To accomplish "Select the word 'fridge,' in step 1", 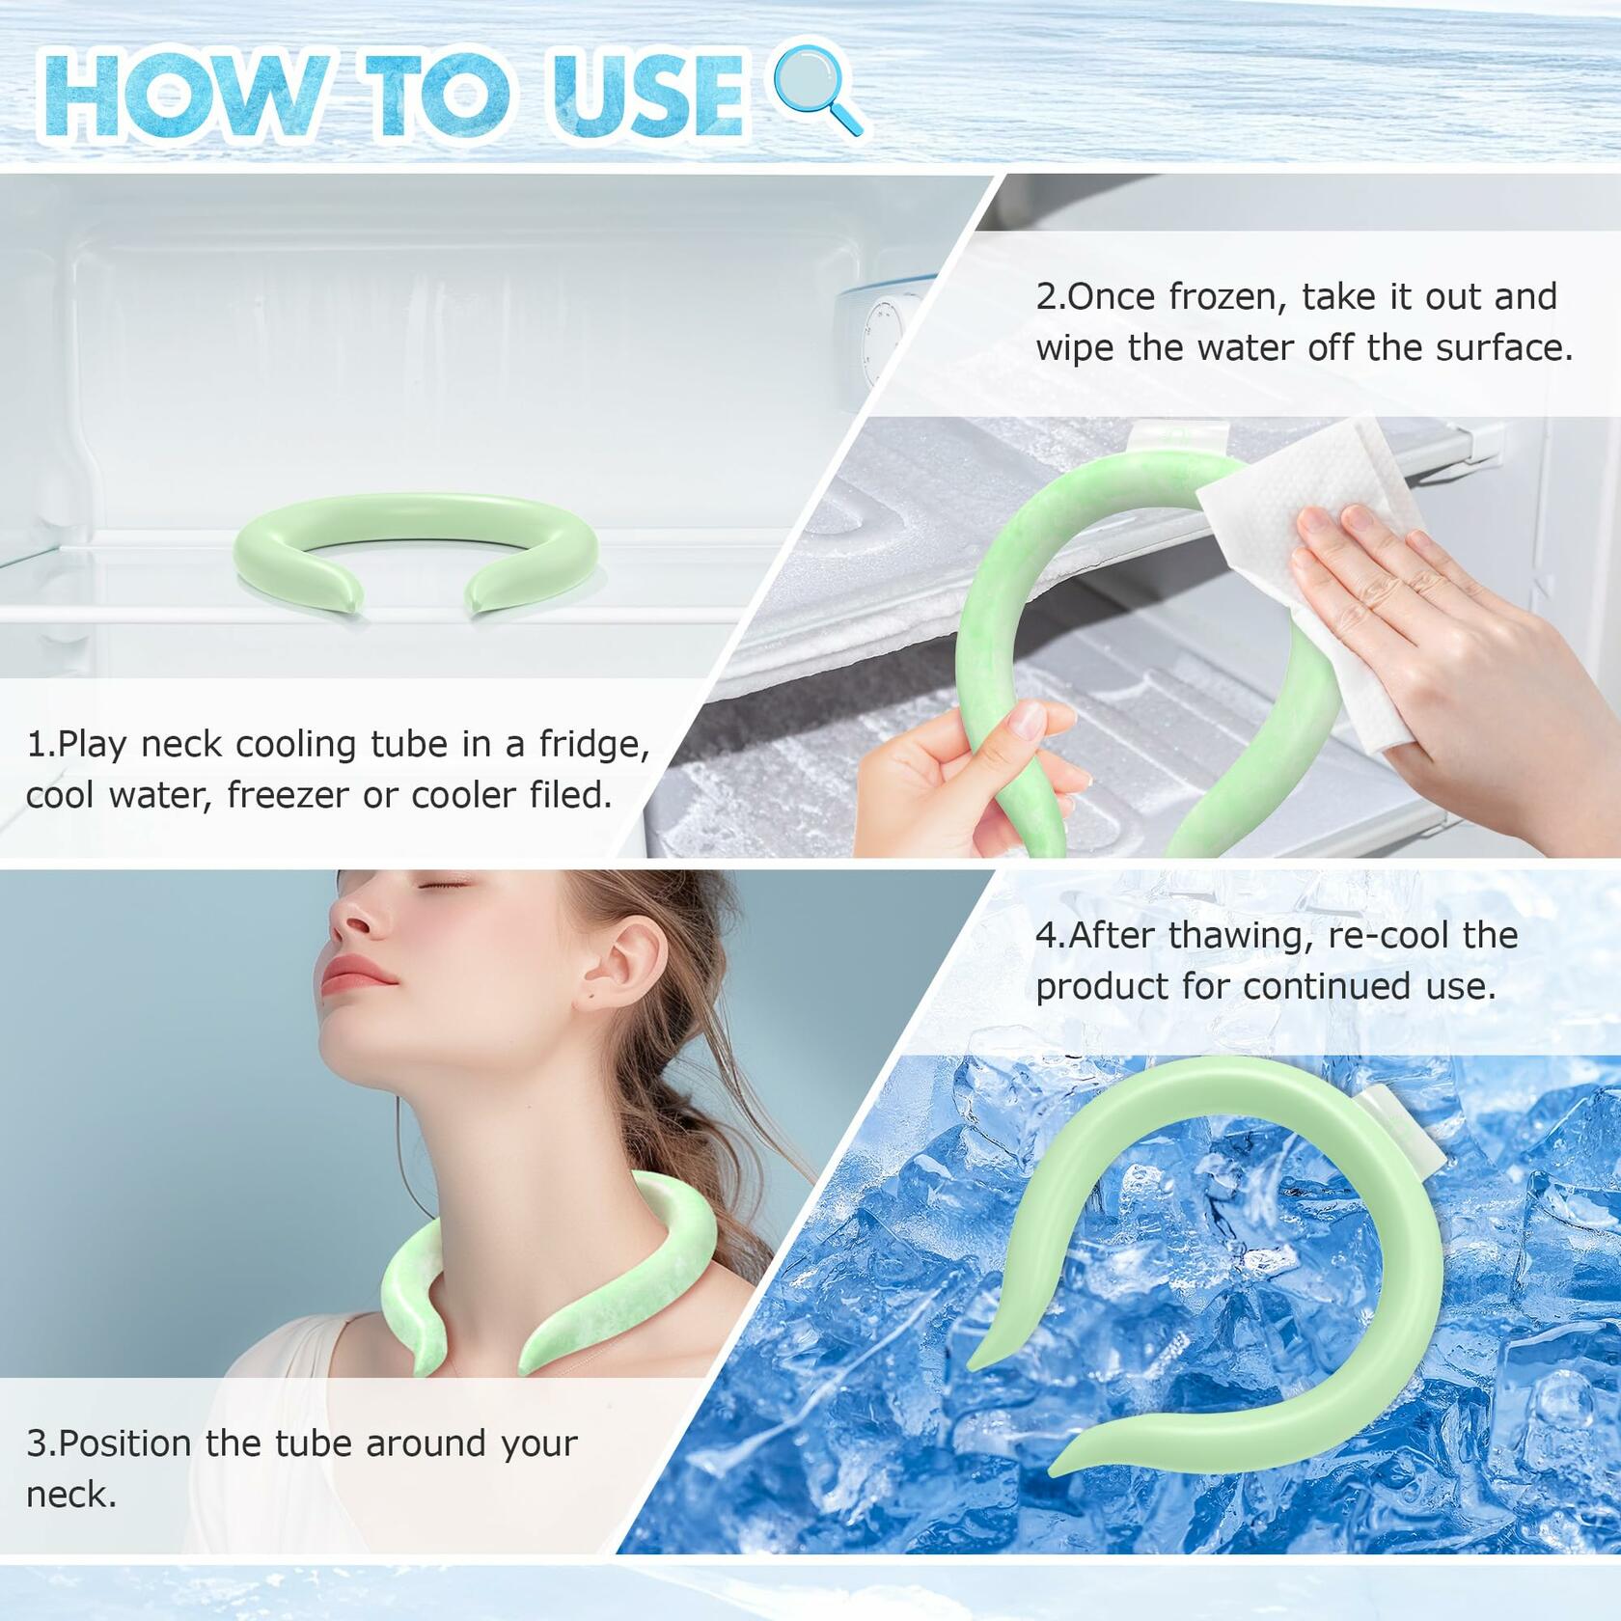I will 594,744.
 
